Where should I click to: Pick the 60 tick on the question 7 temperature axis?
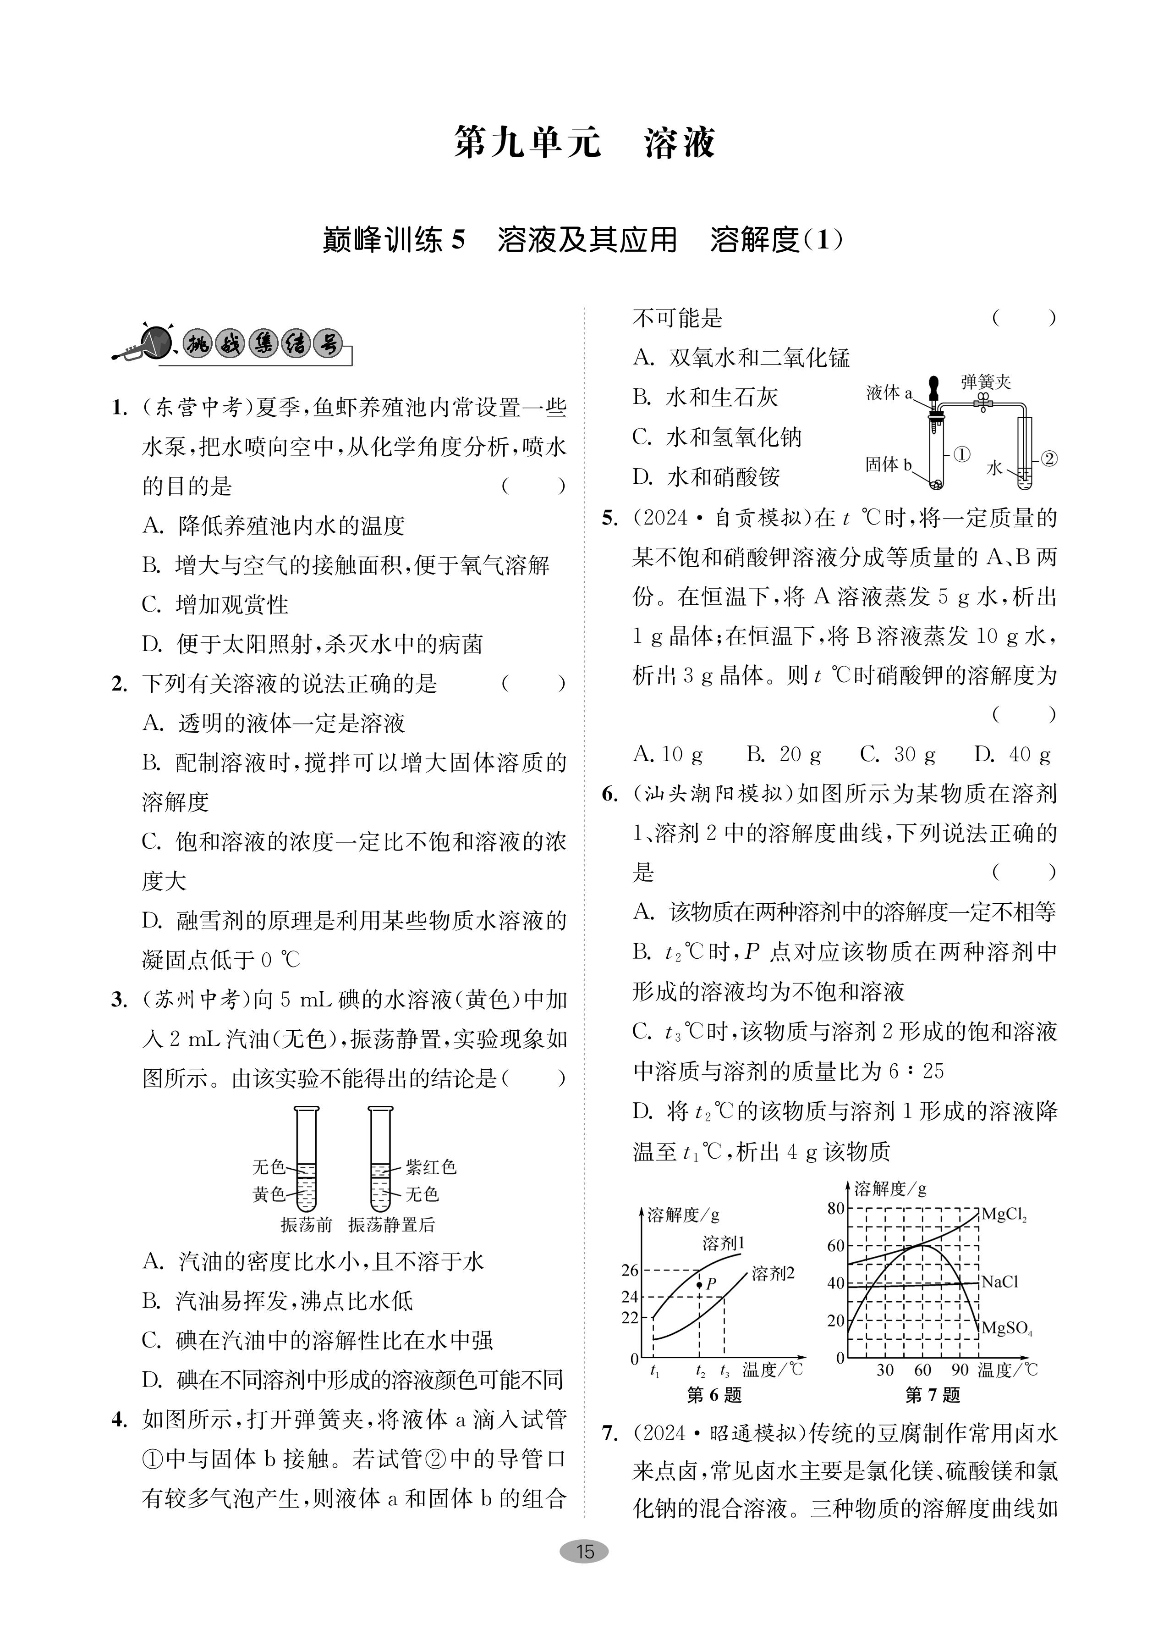922,1370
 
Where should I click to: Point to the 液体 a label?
889,392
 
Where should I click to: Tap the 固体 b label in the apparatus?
888,465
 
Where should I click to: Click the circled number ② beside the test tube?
1048,458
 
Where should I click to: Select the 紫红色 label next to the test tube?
431,1166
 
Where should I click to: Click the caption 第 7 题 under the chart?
932,1395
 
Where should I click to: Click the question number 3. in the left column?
119,1000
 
